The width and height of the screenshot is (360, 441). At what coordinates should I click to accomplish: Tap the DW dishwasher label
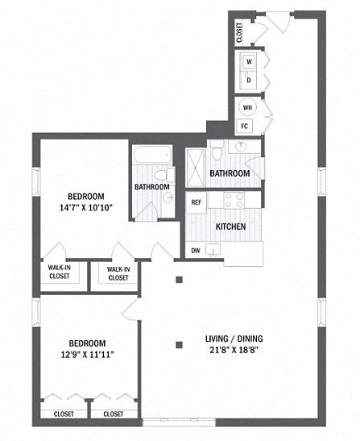coord(196,251)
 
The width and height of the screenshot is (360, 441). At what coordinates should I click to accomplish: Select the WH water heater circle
coord(246,108)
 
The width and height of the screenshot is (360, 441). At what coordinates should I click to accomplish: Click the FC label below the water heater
coord(245,127)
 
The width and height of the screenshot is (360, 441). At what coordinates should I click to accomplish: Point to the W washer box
coord(248,61)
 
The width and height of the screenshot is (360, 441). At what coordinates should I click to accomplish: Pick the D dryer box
coord(248,80)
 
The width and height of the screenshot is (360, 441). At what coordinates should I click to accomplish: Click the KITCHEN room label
coord(230,227)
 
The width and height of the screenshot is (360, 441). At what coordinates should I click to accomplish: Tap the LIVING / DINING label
coord(233,338)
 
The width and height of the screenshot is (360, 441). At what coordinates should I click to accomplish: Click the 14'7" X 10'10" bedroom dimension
coord(85,207)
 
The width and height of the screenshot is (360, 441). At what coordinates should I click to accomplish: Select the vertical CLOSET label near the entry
coord(239,33)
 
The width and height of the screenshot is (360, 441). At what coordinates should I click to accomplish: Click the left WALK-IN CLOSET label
coord(60,273)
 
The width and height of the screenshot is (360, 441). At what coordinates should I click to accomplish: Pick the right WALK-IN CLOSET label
coord(118,273)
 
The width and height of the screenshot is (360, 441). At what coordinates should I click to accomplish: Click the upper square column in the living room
coord(180,280)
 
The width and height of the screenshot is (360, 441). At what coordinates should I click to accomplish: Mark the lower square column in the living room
coord(180,347)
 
